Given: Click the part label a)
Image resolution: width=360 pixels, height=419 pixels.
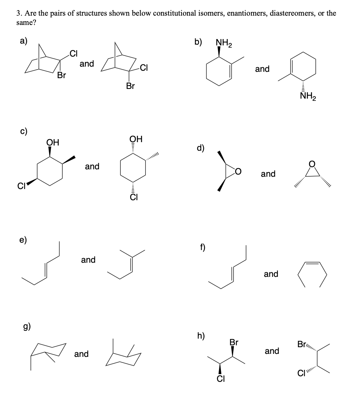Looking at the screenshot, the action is [23, 42].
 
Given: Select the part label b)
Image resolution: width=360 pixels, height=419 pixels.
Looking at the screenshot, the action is [199, 42].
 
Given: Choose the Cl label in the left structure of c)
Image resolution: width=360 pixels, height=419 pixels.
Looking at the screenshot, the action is [22, 184].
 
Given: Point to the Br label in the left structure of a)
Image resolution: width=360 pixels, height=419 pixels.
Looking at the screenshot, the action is [61, 76].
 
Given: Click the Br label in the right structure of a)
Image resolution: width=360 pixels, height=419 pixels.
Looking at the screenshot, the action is [130, 86].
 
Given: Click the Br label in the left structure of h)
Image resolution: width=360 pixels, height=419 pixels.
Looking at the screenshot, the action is [234, 342].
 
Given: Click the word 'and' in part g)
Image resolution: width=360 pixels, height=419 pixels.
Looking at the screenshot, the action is [81, 354].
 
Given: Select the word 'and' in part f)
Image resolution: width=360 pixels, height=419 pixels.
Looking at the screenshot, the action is [271, 274].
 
